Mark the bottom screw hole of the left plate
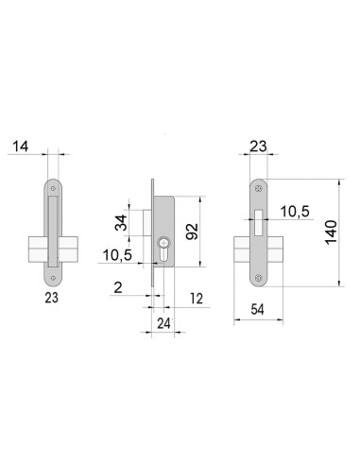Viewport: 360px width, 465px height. coord(52,279)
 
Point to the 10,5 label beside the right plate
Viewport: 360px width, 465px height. coord(295,213)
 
